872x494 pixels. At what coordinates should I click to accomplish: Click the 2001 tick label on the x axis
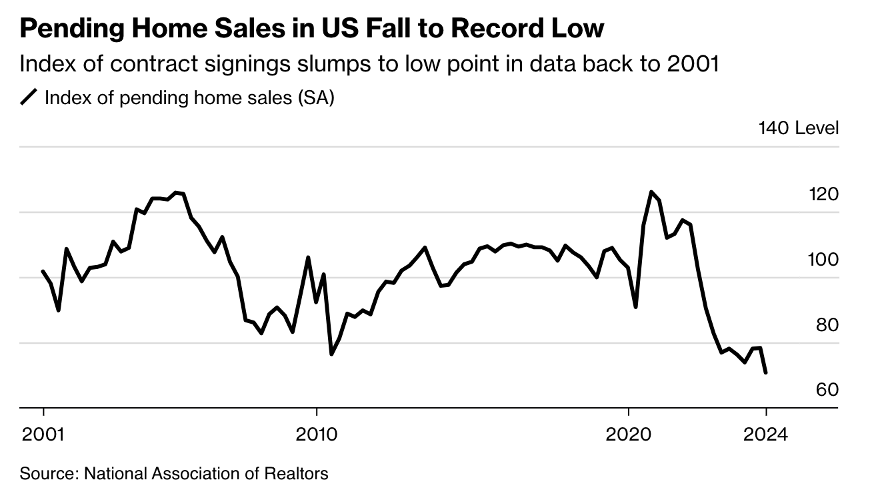click(43, 435)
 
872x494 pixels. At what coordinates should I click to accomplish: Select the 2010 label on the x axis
click(317, 435)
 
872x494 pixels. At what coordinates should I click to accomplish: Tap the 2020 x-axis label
click(629, 435)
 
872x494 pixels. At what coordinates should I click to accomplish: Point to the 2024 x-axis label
click(767, 435)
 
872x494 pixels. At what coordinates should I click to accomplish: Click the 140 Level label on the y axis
click(798, 128)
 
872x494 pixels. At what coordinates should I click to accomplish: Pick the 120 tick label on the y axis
click(824, 195)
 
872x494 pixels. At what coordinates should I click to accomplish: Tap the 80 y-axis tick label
click(827, 325)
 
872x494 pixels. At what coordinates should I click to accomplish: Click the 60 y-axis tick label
click(827, 390)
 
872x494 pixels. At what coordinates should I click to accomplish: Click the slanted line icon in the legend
click(29, 98)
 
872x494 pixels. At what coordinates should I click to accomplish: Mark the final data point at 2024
click(766, 373)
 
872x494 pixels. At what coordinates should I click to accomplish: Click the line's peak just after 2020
click(651, 192)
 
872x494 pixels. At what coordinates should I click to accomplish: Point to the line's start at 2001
click(43, 271)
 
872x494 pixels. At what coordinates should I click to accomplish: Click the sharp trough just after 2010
click(331, 354)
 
